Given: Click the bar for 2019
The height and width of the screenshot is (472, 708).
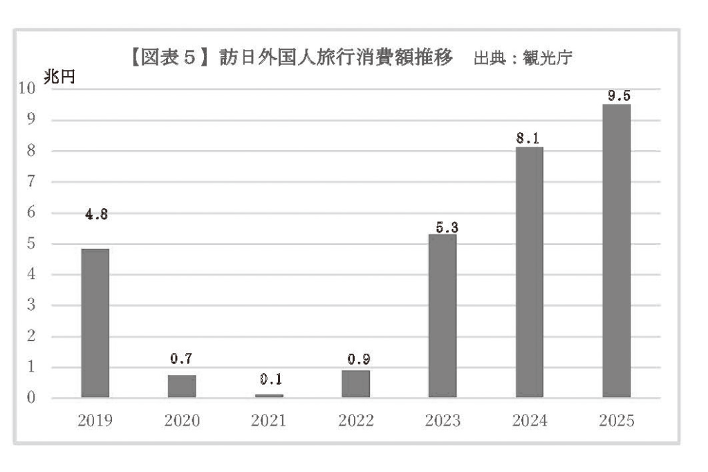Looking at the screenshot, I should coord(95,323).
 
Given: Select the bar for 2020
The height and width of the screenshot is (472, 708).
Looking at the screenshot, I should coord(182,386).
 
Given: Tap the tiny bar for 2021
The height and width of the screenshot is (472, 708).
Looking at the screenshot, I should coord(269,395).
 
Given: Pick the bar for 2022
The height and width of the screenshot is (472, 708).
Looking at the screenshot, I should coord(356,384).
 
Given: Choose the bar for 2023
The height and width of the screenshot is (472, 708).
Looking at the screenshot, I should coord(442,316).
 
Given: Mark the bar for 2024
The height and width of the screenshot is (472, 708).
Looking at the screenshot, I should coord(529,272).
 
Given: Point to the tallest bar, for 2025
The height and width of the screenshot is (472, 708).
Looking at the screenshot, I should coord(616,251).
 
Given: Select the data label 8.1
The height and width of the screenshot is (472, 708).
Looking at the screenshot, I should coord(529,138).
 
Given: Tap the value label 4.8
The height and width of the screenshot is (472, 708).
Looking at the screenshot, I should coord(95,214).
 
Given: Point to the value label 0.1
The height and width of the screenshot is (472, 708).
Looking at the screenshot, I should coord(270,379).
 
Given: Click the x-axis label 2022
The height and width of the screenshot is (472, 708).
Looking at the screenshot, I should coord(356,420).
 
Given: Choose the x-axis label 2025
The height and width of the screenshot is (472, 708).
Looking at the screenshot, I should coord(617,420).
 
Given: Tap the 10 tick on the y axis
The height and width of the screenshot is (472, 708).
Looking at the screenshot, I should coord(27,88).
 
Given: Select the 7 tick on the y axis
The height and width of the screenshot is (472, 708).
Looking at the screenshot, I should coord(30,181).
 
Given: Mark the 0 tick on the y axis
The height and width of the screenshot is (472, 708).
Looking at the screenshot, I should coord(30,398).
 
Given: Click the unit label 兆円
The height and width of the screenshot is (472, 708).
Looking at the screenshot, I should coord(58,78).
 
